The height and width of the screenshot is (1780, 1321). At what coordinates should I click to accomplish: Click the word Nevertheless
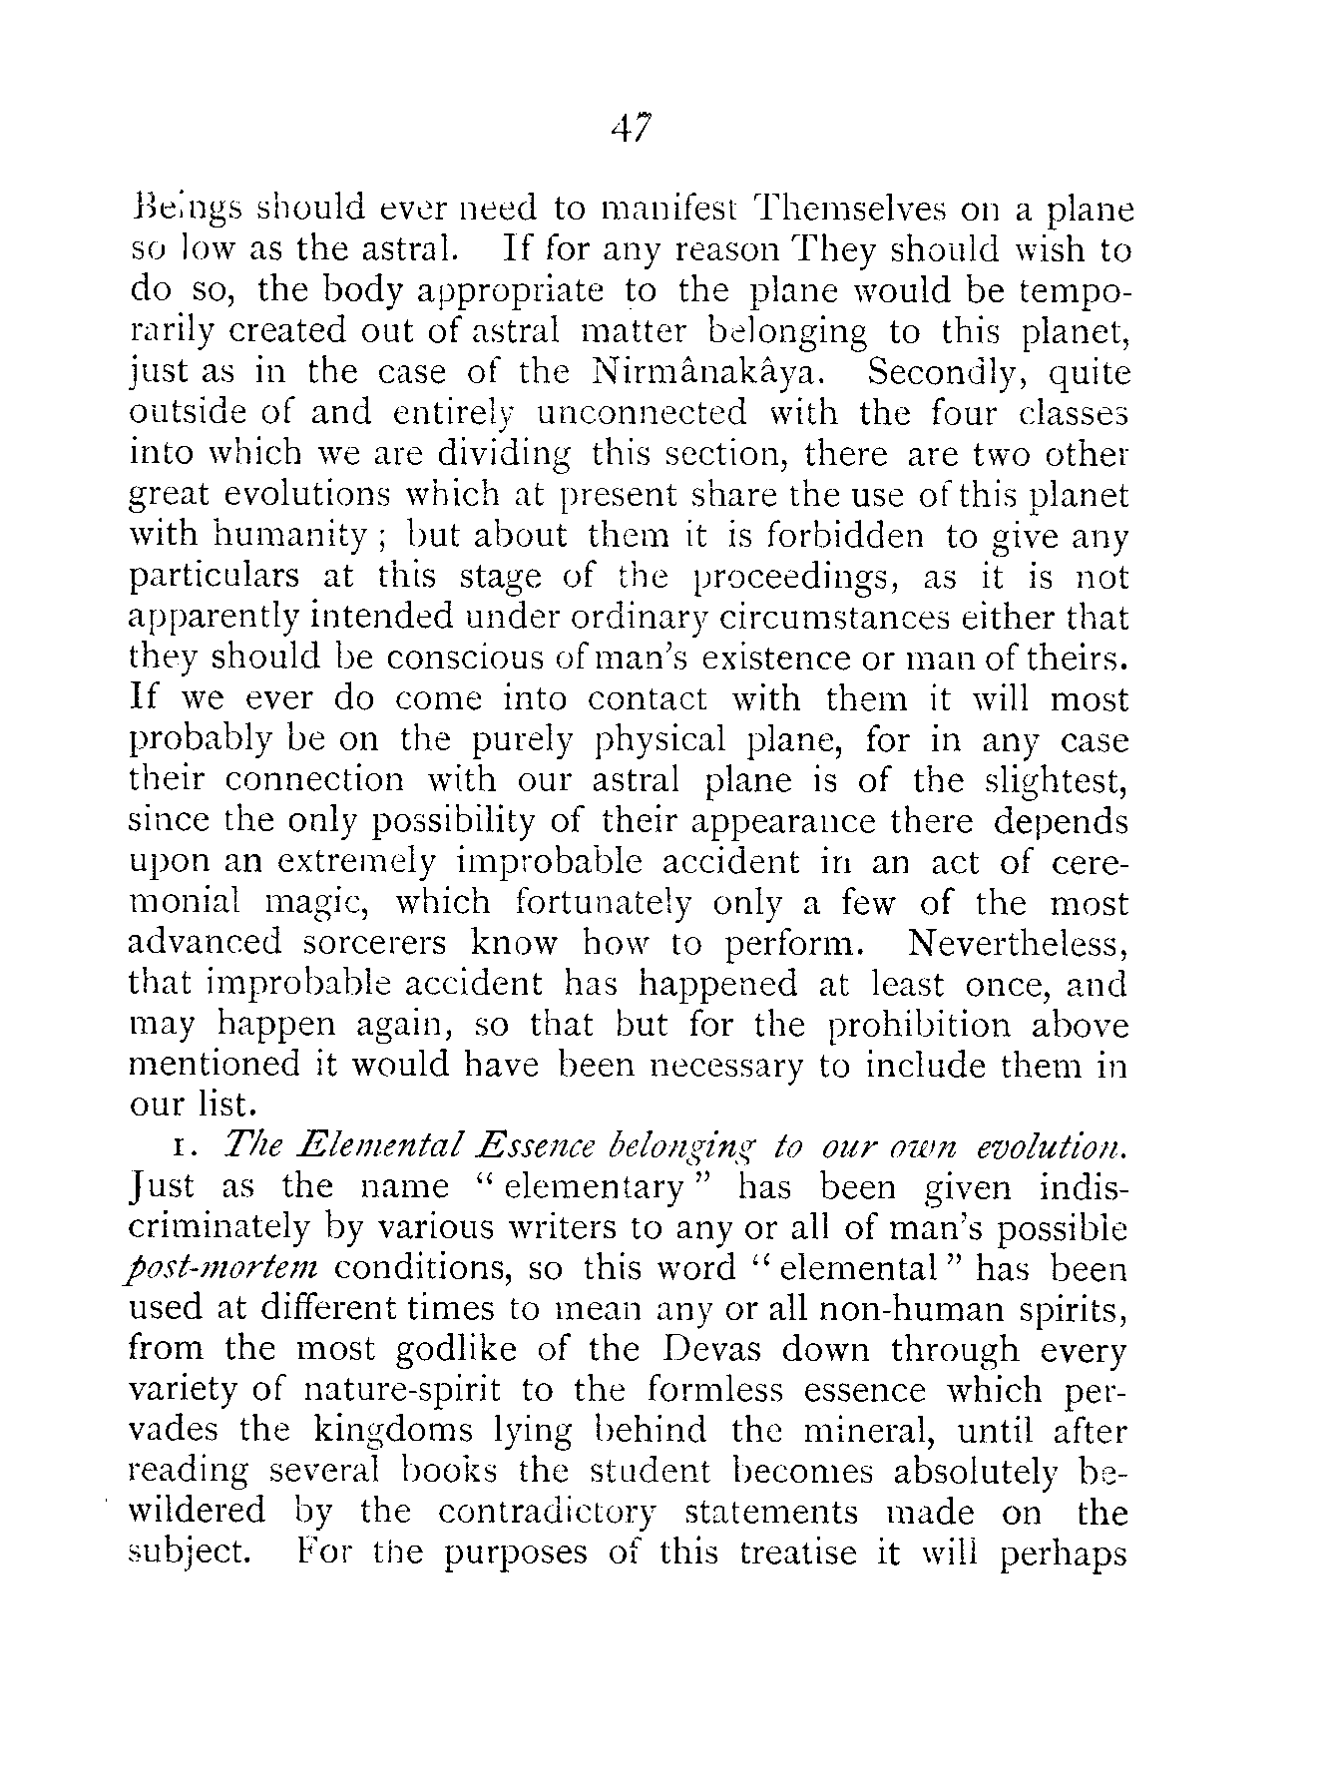coord(1019,944)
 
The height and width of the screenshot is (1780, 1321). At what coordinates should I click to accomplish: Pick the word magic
coord(316,903)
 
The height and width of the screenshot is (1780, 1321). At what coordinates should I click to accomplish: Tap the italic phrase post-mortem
coord(224,1270)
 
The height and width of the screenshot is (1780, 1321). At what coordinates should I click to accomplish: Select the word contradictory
coord(547,1513)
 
